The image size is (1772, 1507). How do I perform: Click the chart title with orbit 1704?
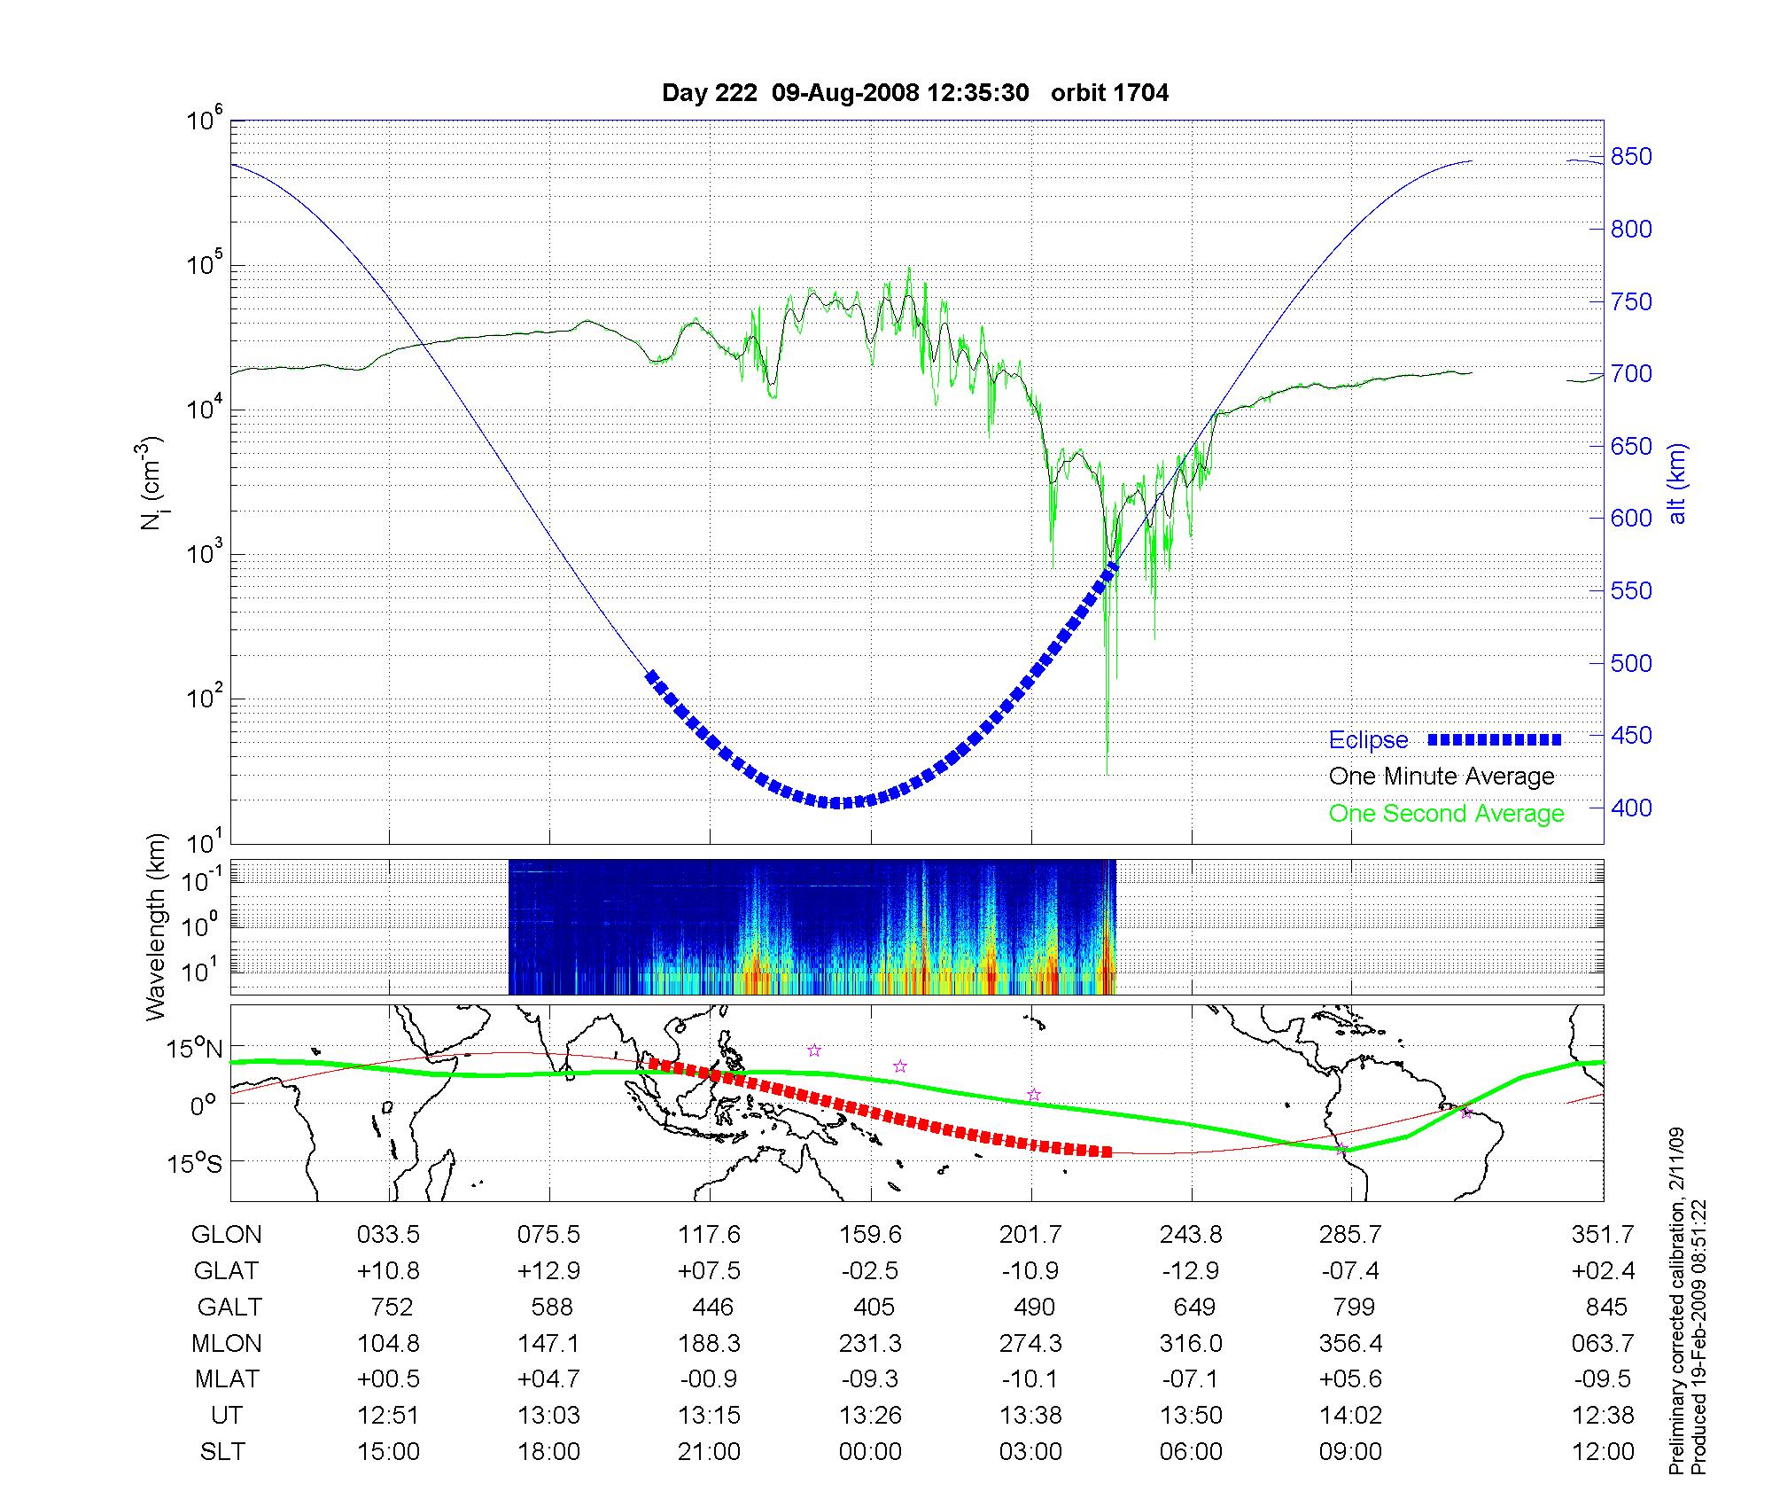click(x=914, y=92)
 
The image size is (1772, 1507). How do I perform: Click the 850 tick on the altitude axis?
click(x=1630, y=157)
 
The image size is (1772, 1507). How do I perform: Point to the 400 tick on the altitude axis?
click(x=1630, y=808)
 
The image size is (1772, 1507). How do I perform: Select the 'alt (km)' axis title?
click(x=1677, y=484)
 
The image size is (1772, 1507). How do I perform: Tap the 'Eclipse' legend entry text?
click(x=1368, y=740)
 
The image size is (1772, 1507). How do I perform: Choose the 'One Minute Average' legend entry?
click(x=1442, y=777)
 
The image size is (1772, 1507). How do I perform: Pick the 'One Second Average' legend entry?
click(x=1446, y=814)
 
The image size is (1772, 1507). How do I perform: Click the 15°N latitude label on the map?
click(x=196, y=1050)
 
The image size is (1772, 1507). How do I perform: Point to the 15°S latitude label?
click(x=196, y=1162)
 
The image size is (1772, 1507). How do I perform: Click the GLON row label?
click(x=226, y=1234)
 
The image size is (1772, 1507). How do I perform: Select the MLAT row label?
click(x=227, y=1379)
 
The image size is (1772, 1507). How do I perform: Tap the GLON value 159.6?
click(x=870, y=1234)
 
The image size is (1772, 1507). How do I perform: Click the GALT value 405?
click(x=874, y=1307)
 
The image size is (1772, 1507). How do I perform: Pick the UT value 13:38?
click(x=1030, y=1416)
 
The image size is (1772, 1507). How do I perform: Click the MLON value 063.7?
click(x=1602, y=1343)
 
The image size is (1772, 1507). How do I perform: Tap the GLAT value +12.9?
click(x=549, y=1270)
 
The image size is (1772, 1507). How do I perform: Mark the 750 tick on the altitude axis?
click(x=1630, y=301)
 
